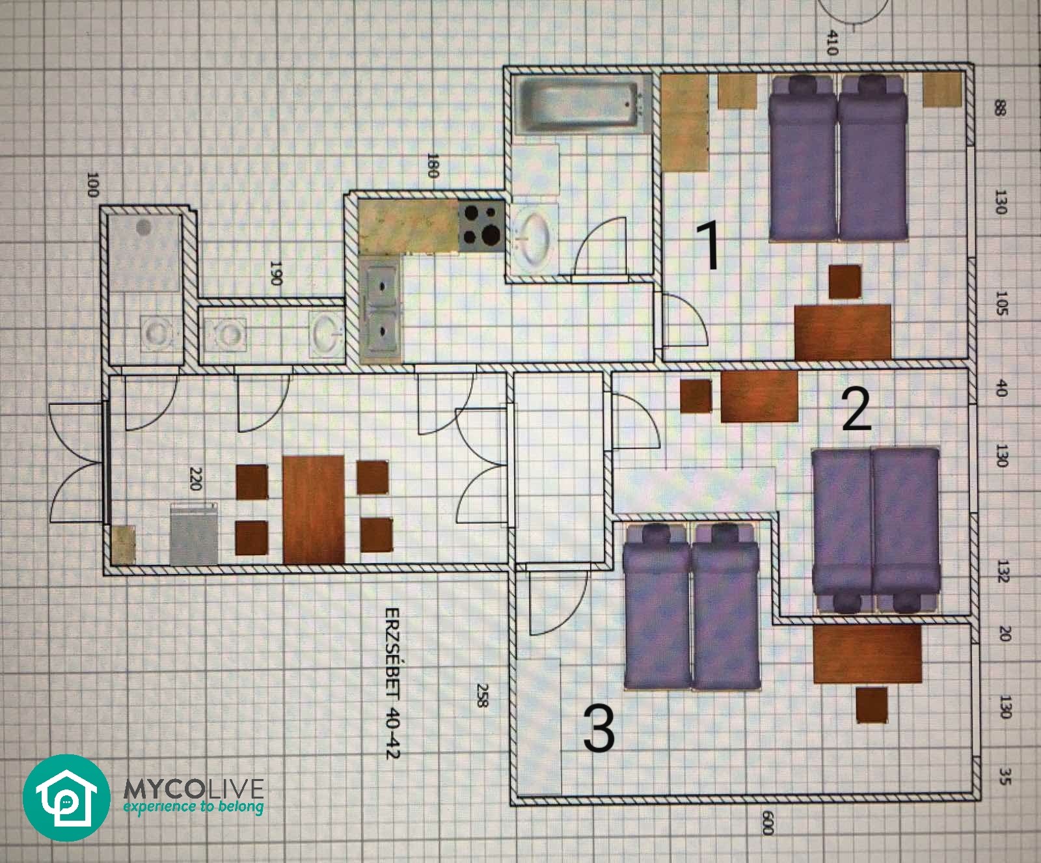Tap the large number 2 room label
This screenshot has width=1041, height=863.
pyautogui.click(x=856, y=409)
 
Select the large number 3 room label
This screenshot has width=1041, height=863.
pyautogui.click(x=599, y=729)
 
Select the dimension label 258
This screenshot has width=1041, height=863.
pyautogui.click(x=482, y=696)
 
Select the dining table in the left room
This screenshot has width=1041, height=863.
pyautogui.click(x=314, y=508)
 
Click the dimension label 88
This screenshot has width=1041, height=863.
pyautogui.click(x=1001, y=107)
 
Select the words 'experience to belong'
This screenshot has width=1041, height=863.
pyautogui.click(x=194, y=808)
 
